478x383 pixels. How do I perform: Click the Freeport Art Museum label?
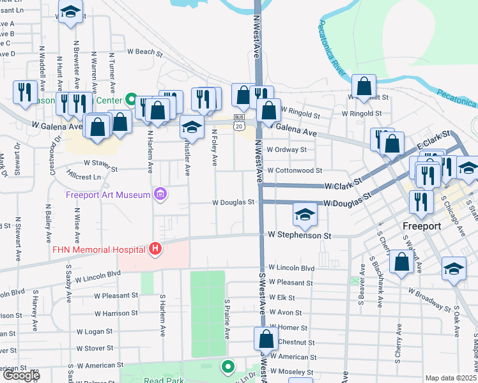pos(108,195)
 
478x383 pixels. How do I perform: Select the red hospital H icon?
pos(154,249)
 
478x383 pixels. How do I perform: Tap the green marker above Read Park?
pos(227,366)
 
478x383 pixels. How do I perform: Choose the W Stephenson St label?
pos(300,236)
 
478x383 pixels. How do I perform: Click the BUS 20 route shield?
pos(239,123)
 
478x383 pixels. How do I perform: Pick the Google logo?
pos(20,375)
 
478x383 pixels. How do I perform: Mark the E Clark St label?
pos(435,140)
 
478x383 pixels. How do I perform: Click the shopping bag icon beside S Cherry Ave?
pos(402,263)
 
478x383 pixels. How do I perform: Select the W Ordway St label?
pos(287,150)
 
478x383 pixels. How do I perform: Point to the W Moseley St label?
pos(291,372)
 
